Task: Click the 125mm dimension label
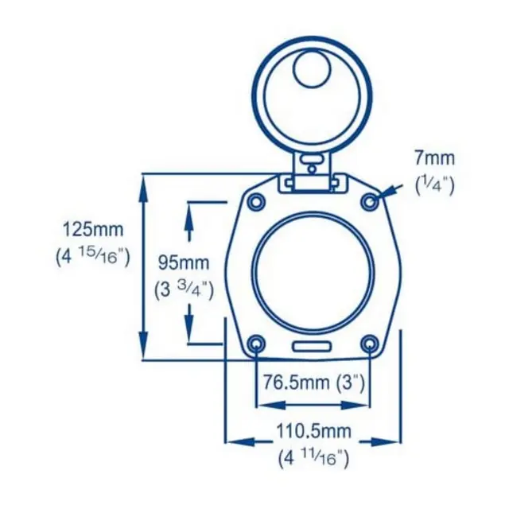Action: pos(93,229)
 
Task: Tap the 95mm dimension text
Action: pos(184,262)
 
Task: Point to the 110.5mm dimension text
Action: pos(313,431)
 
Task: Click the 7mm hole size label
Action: pos(434,158)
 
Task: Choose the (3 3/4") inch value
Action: pos(184,290)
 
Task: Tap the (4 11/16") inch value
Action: pos(313,459)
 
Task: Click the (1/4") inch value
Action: pos(435,186)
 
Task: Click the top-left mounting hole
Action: pos(256,202)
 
